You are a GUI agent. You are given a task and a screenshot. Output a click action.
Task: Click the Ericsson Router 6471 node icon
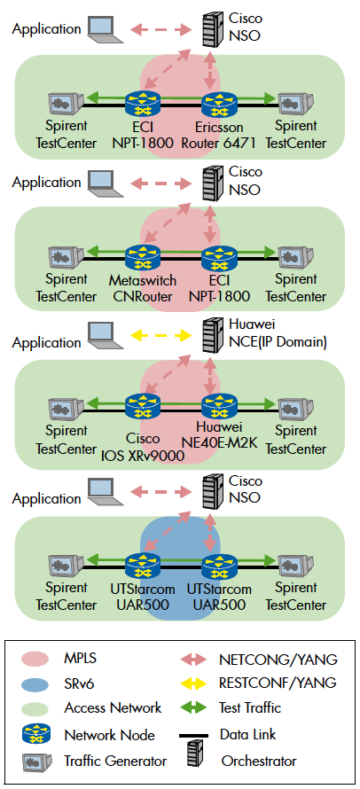219,104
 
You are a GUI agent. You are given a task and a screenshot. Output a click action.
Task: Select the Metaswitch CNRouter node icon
143,257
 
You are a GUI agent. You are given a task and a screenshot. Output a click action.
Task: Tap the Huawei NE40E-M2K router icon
219,406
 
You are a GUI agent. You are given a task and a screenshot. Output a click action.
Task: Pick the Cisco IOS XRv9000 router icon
143,406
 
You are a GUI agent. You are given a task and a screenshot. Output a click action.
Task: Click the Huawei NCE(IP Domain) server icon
211,334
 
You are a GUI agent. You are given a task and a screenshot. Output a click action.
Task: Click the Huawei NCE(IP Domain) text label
278,333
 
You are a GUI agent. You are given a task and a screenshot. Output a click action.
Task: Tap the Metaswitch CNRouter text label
143,288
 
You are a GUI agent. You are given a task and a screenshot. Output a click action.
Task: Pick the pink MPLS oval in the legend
35,659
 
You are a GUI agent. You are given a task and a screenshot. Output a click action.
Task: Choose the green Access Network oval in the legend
35,709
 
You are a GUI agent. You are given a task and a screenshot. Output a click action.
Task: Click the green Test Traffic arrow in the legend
193,708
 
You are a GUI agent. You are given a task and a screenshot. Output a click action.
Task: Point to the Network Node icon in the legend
36,736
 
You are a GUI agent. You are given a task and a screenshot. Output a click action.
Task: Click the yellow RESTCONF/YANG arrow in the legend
193,683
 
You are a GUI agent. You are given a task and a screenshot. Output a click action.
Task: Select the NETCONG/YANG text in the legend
278,658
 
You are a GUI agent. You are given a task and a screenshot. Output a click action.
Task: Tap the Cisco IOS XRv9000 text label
143,448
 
